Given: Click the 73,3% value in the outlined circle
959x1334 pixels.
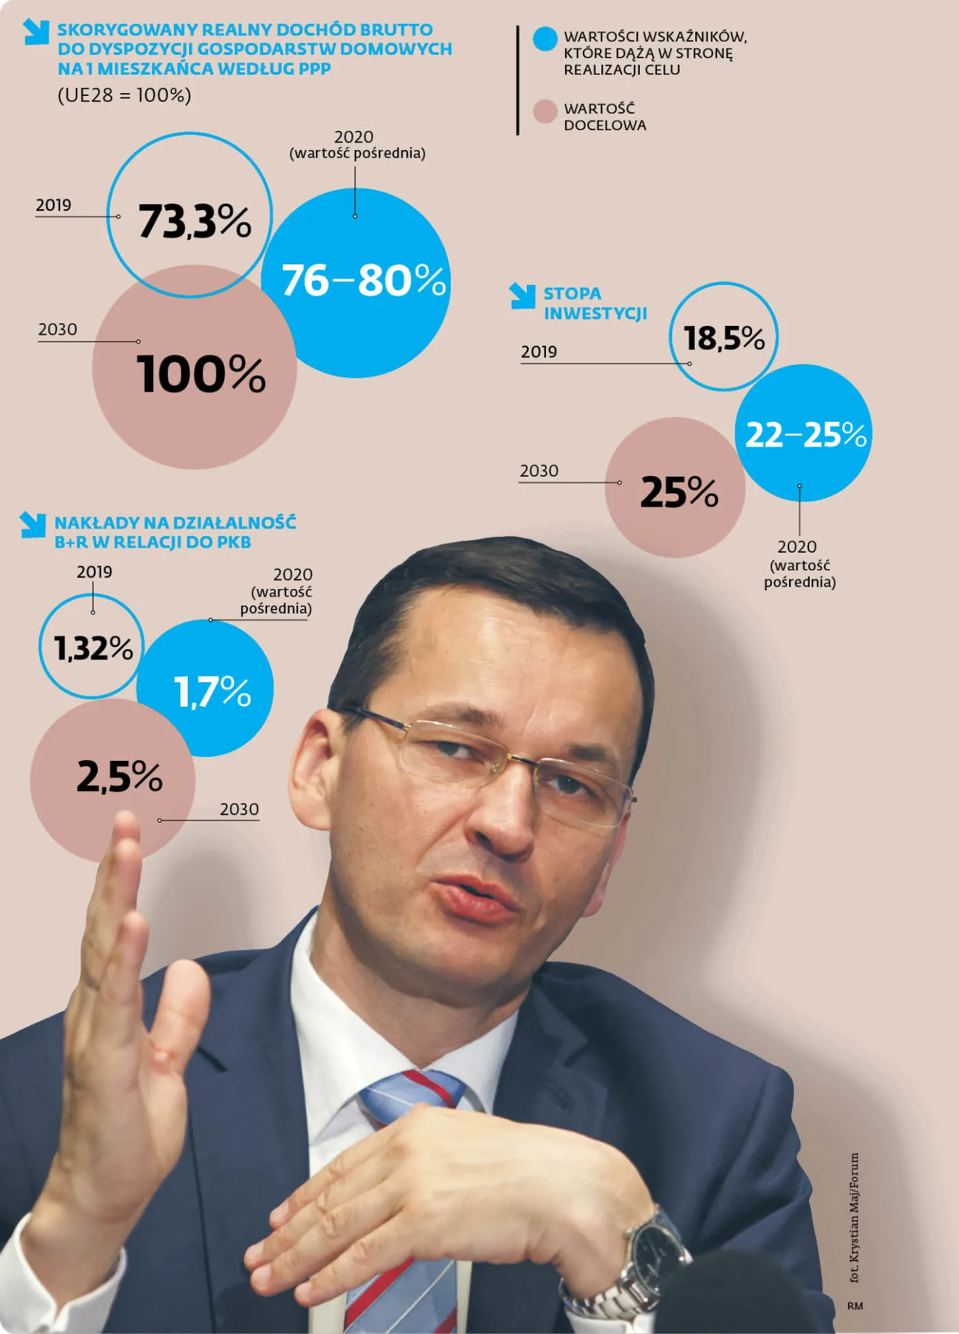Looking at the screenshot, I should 195,221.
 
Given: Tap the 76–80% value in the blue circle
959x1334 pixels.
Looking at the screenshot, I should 363,280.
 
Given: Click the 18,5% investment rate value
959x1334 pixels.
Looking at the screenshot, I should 724,338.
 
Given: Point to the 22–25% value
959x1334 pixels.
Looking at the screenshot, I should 806,434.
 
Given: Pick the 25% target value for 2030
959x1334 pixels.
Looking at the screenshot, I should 679,492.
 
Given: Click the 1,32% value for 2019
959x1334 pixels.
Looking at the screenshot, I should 93,648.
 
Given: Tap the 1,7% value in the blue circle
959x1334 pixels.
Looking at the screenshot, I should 212,691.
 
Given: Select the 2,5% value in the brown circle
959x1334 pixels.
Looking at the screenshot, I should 119,777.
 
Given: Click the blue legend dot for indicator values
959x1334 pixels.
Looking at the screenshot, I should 545,39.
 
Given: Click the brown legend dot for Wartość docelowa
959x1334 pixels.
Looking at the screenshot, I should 545,111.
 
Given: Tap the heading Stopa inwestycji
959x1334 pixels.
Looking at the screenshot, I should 595,303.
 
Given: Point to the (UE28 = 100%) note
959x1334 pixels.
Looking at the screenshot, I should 124,95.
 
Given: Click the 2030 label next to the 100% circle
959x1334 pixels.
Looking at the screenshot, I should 58,329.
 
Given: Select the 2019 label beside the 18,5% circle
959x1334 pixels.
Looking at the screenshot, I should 538,352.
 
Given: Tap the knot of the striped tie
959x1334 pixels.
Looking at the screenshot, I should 411,1096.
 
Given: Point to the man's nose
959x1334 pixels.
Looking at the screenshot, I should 503,822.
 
